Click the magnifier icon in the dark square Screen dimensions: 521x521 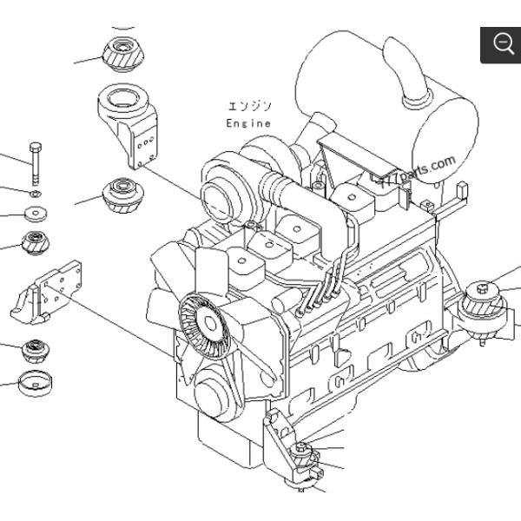click(502, 44)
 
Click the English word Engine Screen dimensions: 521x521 click(248, 123)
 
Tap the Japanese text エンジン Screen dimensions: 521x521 click(250, 107)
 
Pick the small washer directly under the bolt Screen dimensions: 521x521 click(34, 193)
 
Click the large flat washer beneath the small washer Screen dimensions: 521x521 click(35, 213)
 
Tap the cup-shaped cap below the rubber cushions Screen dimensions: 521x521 click(36, 379)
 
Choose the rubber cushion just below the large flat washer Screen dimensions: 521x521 click(37, 241)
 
